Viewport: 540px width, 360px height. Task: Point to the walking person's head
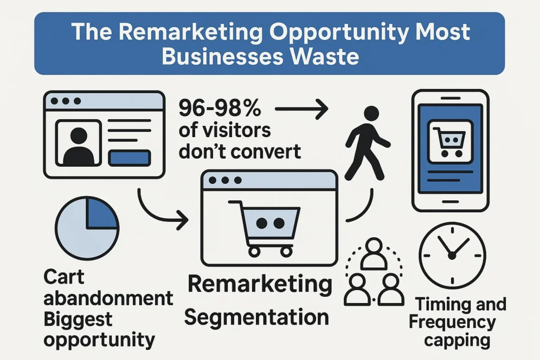(x=371, y=113)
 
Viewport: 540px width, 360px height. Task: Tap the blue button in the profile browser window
(x=129, y=158)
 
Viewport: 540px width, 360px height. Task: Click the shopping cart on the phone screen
(x=449, y=139)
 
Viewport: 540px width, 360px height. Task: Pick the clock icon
(x=451, y=254)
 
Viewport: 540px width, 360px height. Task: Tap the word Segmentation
(x=257, y=317)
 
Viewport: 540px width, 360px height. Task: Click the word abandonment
(x=108, y=298)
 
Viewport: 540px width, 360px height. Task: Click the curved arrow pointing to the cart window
(x=158, y=211)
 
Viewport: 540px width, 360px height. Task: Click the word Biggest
(x=78, y=319)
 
